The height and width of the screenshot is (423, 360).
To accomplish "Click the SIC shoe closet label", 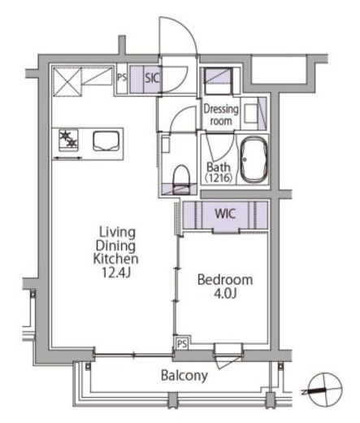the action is point(152,78).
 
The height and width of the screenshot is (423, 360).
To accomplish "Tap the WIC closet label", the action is point(225,214).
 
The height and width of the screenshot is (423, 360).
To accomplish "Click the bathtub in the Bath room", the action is point(254,159).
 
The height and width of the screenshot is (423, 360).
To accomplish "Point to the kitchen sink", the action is point(106,141).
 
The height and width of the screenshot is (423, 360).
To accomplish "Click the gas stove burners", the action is point(68,140).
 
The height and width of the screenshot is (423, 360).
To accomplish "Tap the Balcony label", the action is point(184,376).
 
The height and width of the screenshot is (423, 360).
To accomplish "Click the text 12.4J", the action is point(116,273).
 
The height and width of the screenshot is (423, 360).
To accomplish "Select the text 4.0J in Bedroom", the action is point(225,293).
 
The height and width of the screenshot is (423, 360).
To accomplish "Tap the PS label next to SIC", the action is point(122,78).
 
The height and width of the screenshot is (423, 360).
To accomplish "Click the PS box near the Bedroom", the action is point(182,344).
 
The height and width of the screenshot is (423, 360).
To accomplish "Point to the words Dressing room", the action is point(221,115).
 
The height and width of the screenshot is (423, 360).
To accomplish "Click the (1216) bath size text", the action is point(219,178).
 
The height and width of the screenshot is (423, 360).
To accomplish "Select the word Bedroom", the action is point(225,280).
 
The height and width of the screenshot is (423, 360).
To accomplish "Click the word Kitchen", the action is point(115,259).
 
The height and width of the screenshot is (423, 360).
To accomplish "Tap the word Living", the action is point(117,233).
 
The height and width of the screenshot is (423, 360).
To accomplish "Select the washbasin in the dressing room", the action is point(250,113).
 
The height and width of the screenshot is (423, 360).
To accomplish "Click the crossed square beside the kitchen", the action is point(67,82).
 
